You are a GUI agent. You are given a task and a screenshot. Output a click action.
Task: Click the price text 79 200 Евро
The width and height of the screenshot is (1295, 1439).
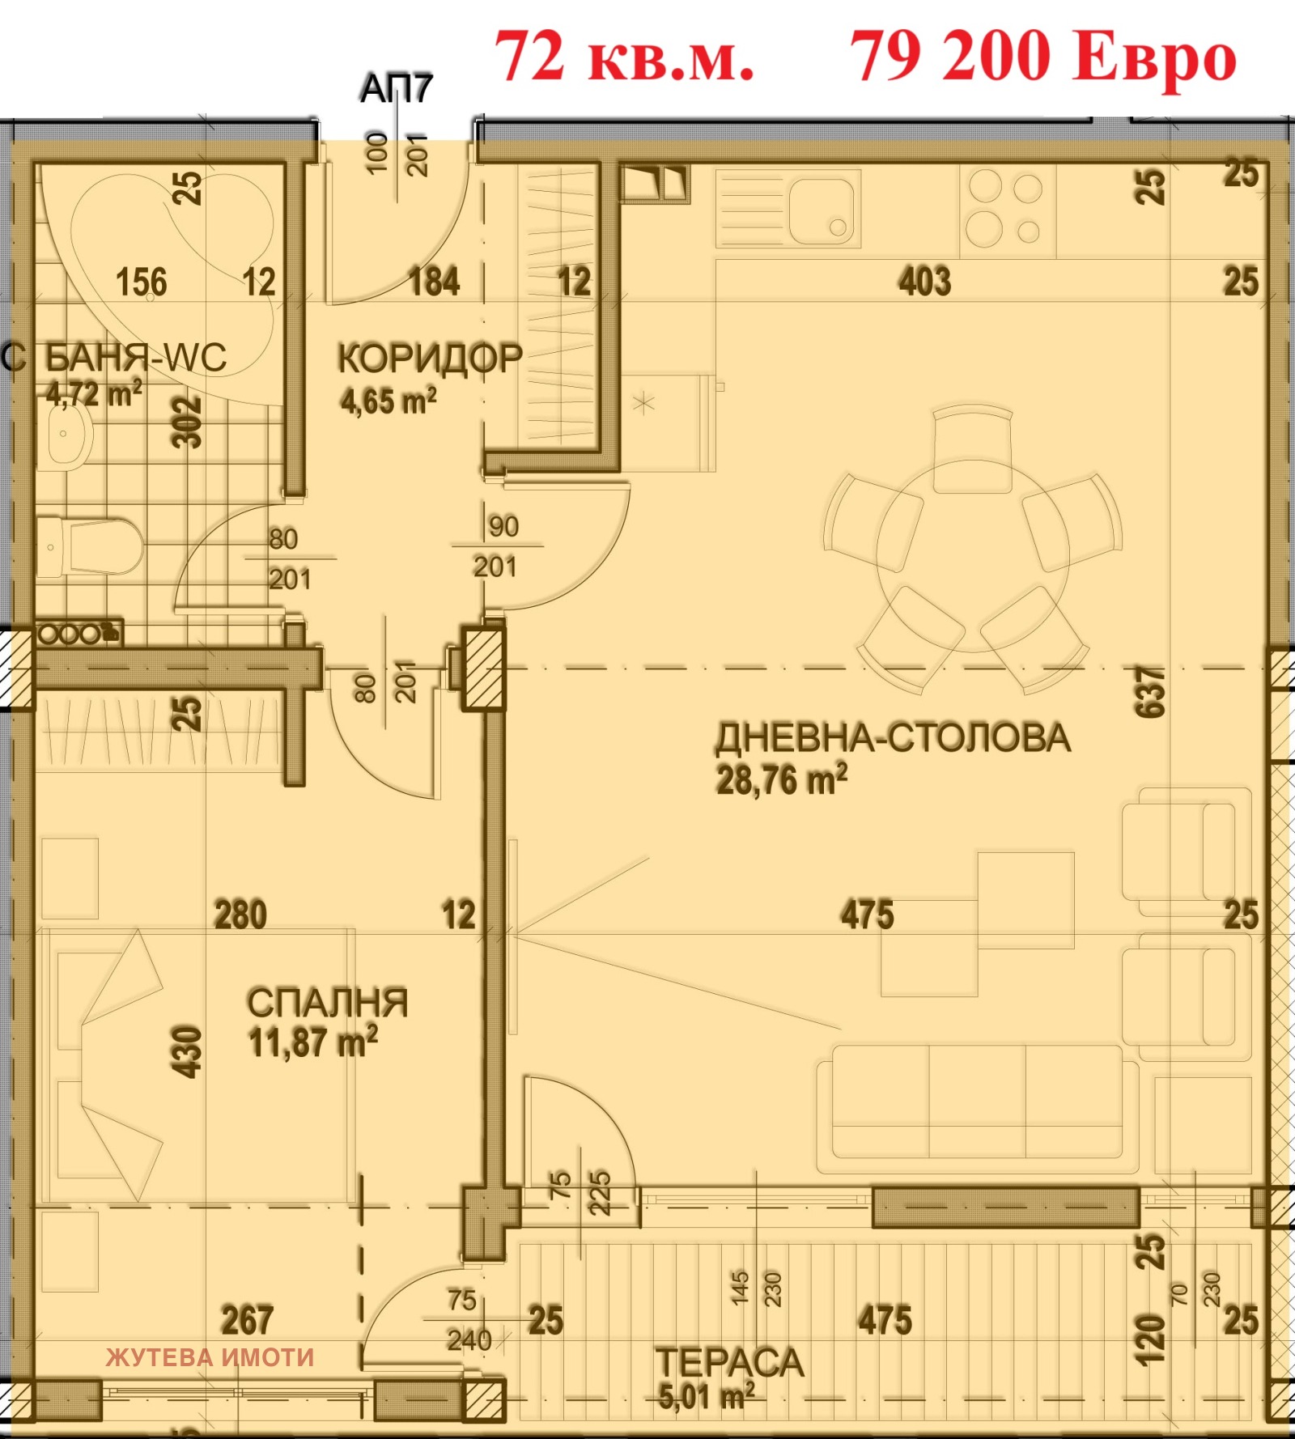point(1042,57)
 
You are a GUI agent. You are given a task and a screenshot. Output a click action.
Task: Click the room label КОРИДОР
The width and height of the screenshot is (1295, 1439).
point(430,359)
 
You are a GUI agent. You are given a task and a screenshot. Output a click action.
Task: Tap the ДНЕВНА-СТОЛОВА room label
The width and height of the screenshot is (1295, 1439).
point(893,738)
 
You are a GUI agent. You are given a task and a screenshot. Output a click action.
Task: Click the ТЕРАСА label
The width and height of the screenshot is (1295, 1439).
point(728,1363)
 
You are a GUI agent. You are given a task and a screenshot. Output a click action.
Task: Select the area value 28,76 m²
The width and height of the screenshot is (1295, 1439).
point(781,780)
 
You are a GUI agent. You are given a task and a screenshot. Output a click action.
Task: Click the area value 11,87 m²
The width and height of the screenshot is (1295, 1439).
point(312,1042)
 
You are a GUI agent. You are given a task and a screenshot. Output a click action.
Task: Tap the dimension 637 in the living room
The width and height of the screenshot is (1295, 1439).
point(1150,692)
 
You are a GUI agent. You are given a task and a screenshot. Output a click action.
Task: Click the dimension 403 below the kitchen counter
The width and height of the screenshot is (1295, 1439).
point(924,282)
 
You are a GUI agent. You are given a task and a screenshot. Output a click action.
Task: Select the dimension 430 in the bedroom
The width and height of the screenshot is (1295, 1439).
point(187,1052)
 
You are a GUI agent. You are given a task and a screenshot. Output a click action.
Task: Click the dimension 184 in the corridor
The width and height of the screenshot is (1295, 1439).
point(434,282)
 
